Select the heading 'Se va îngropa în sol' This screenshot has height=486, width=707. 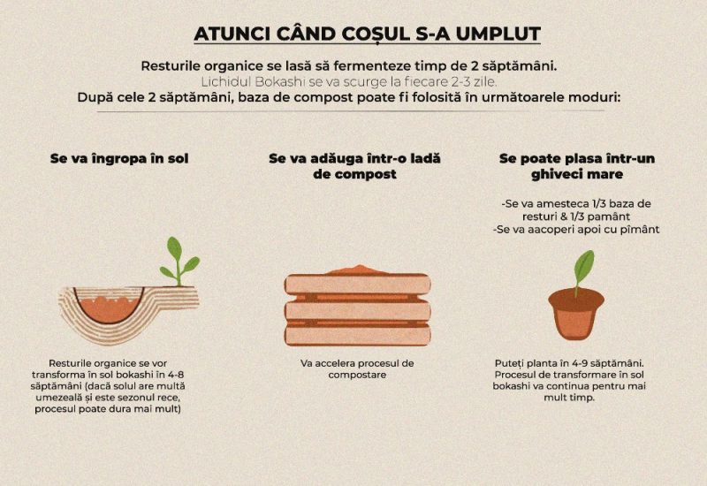(x=119, y=159)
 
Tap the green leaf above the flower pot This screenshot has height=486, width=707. (x=582, y=266)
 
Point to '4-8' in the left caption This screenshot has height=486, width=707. (x=181, y=375)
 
